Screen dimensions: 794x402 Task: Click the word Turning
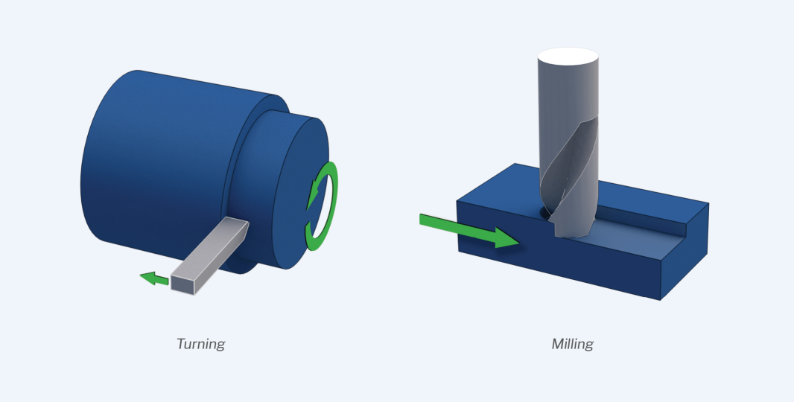200,344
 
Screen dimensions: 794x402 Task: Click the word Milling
572,344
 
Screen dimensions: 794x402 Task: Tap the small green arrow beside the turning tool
154,278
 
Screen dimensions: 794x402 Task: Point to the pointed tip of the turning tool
247,223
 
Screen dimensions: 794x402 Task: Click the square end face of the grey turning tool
182,284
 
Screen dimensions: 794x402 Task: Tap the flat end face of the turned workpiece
299,192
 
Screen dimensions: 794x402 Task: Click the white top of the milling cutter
568,56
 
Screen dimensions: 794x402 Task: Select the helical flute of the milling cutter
570,177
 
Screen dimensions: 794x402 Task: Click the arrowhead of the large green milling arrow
507,238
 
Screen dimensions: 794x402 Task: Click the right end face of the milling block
685,253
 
